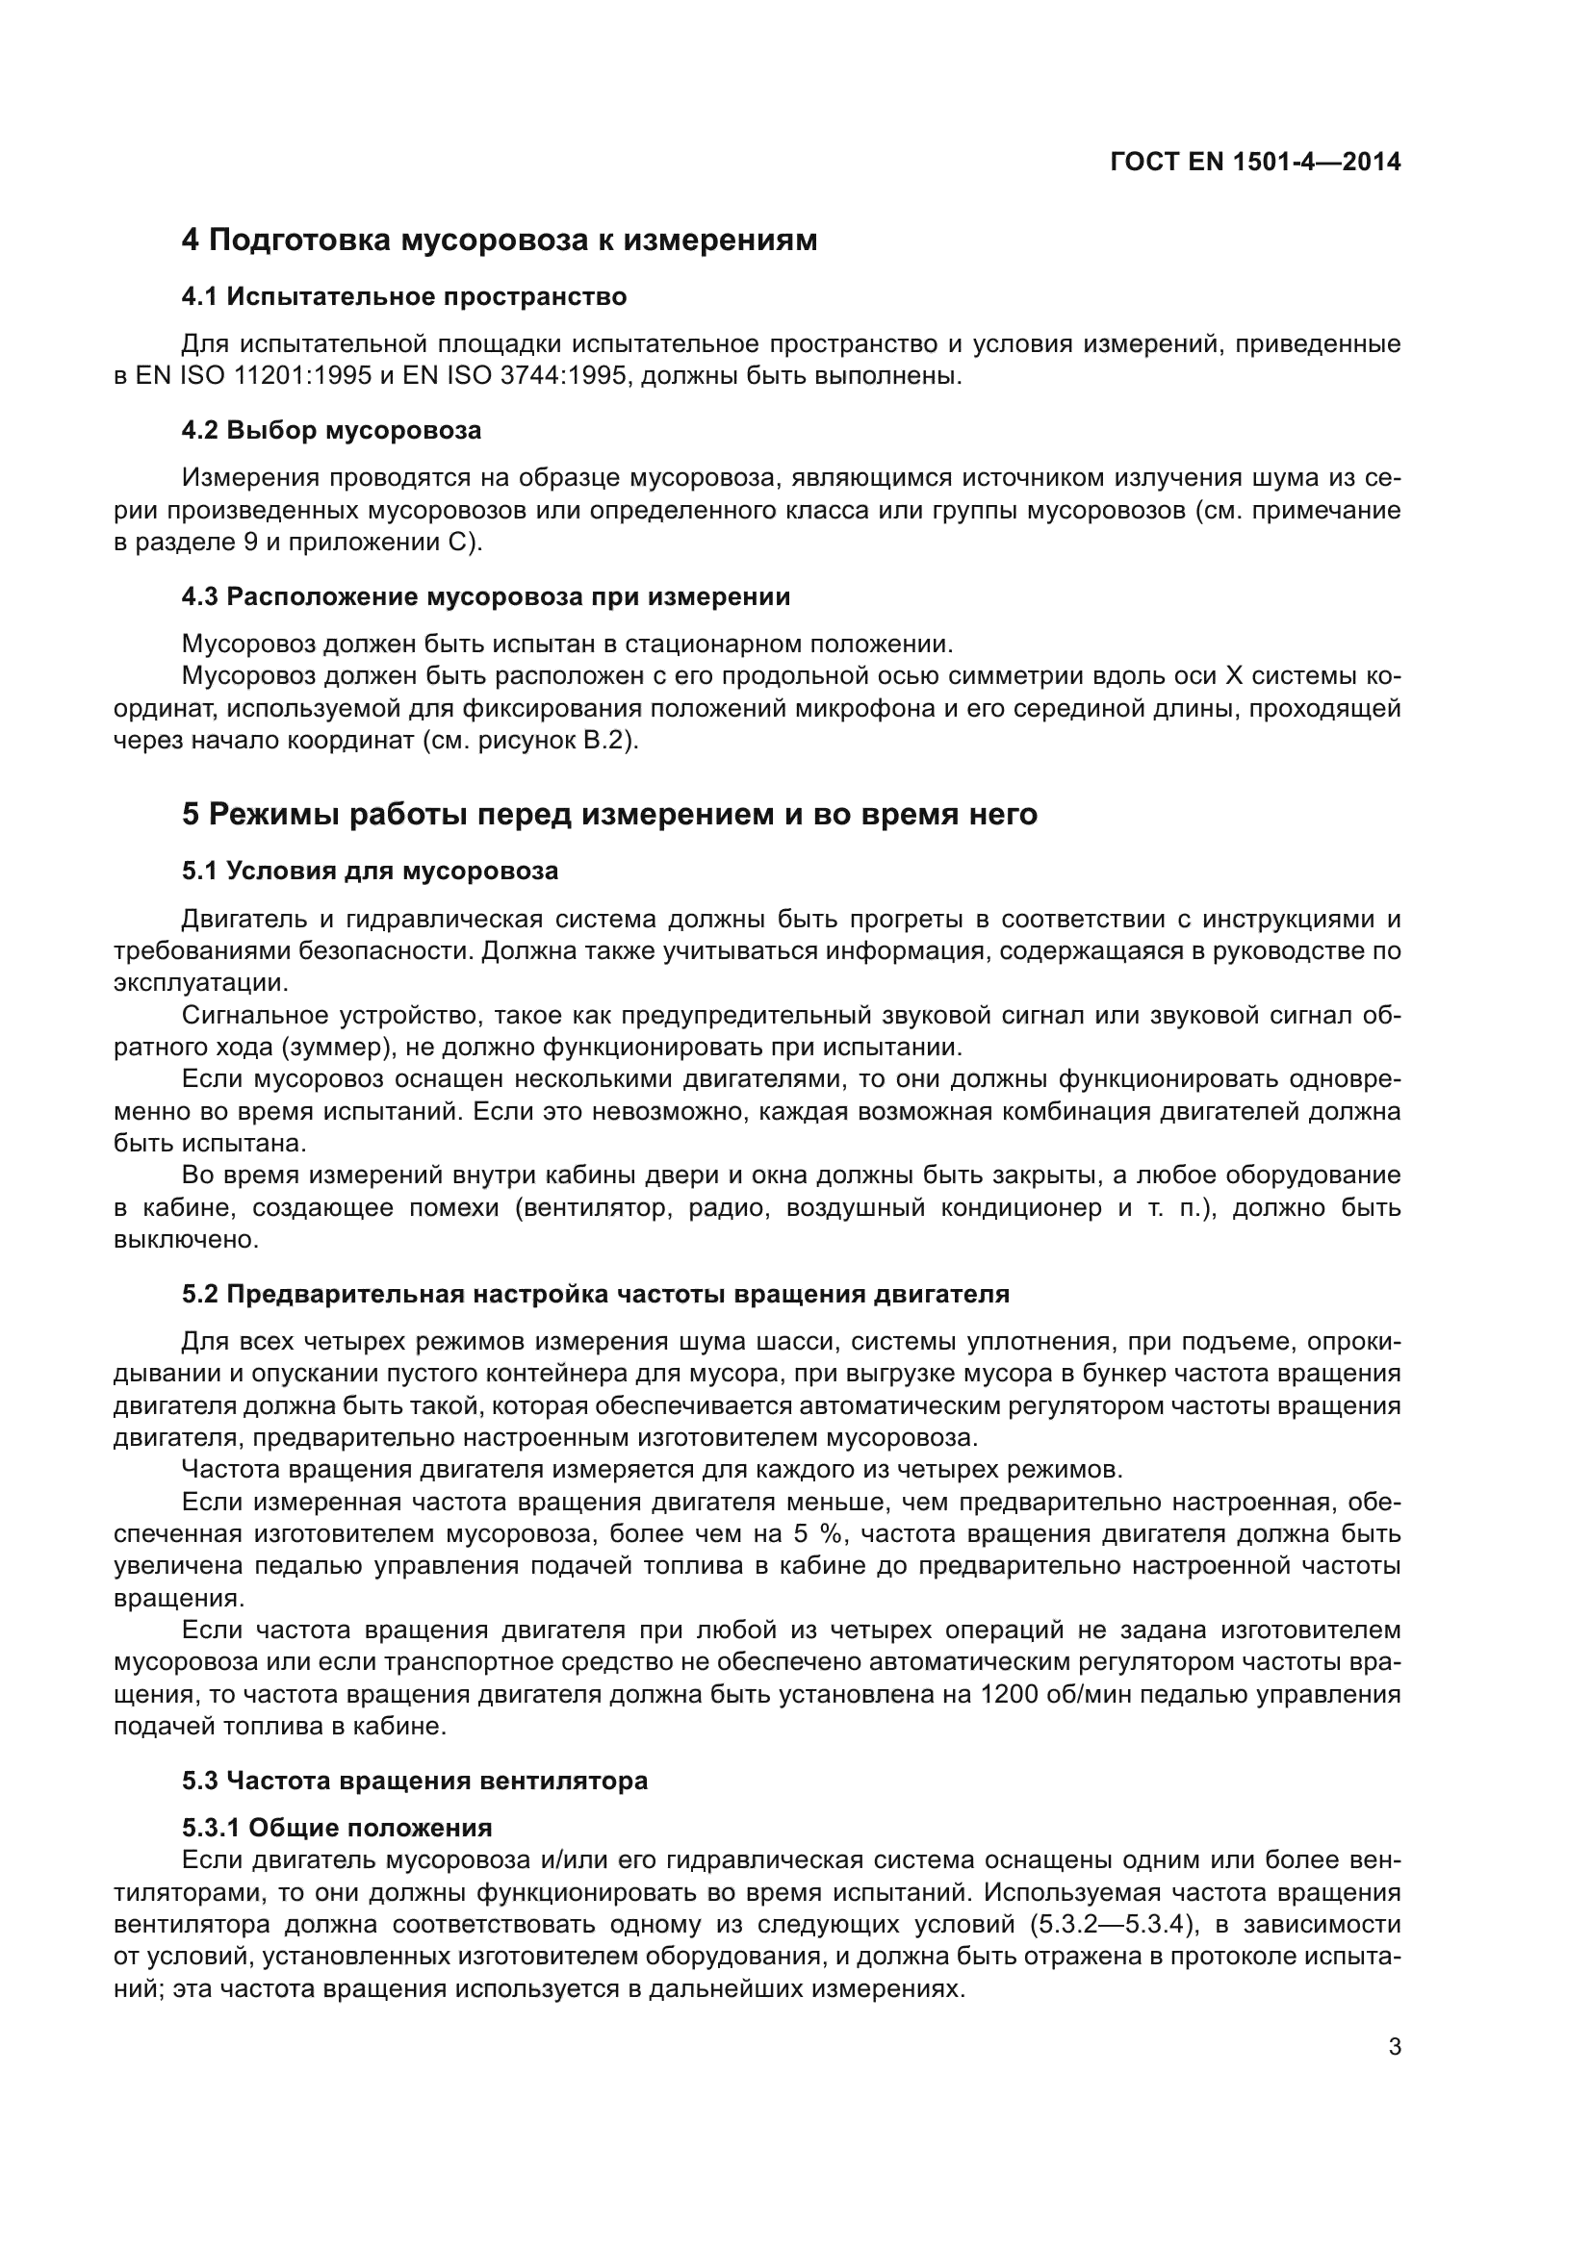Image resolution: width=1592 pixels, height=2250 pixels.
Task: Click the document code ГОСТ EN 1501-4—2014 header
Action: (x=1255, y=162)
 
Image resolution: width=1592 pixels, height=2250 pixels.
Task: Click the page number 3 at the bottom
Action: (x=1394, y=2047)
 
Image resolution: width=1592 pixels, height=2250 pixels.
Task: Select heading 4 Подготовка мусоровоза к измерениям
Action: (x=499, y=240)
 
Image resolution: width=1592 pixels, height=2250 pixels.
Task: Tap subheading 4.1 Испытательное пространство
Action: (x=404, y=296)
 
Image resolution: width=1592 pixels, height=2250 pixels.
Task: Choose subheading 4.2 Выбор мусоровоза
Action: (x=331, y=430)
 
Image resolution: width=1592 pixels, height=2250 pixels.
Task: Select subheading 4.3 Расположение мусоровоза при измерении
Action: (x=486, y=595)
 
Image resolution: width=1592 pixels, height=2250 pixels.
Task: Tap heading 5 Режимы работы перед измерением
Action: (x=608, y=814)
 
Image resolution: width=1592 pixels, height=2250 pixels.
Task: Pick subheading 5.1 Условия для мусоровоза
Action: (x=370, y=871)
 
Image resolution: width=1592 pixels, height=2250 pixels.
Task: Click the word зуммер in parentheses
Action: (x=331, y=1047)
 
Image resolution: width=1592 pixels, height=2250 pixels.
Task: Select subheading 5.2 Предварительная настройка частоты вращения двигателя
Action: (x=595, y=1294)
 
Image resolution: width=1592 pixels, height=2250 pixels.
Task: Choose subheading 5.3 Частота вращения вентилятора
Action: (x=415, y=1780)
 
